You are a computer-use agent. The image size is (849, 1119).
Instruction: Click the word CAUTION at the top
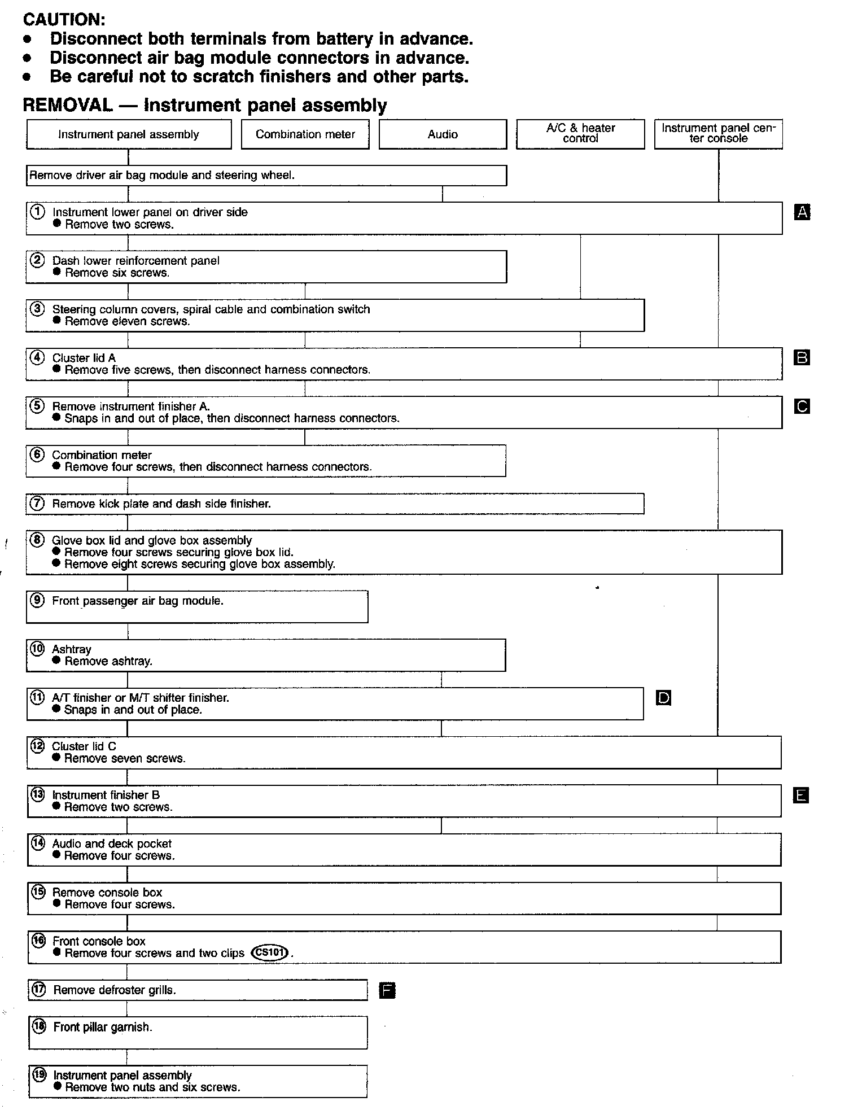(64, 19)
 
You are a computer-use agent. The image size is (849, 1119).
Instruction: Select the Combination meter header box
(305, 134)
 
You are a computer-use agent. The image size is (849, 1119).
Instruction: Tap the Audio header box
(443, 134)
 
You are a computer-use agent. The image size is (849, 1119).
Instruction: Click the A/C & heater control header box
(580, 134)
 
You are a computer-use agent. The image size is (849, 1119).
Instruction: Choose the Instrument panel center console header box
(718, 134)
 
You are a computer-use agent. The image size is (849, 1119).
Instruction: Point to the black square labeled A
(802, 212)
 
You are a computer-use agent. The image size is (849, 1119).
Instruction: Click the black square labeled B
(802, 357)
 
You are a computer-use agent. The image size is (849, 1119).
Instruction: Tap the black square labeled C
(802, 406)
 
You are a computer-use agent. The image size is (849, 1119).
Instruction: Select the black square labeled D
(664, 698)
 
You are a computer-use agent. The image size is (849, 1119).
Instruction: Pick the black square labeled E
(801, 795)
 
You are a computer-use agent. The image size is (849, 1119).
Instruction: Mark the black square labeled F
(387, 990)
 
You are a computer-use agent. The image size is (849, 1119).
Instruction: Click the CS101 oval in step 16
(270, 952)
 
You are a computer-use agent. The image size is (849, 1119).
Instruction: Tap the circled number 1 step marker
(37, 212)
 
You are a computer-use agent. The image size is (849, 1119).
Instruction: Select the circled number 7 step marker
(37, 503)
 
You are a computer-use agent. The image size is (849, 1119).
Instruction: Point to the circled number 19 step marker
(39, 1075)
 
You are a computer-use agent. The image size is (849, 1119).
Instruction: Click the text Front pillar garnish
(103, 1027)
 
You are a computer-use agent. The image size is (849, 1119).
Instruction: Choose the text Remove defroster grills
(115, 990)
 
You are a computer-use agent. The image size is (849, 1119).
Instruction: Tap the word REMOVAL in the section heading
(67, 105)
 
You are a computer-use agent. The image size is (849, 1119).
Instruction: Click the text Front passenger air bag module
(138, 601)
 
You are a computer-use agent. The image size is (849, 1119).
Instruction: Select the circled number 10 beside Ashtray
(37, 649)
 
